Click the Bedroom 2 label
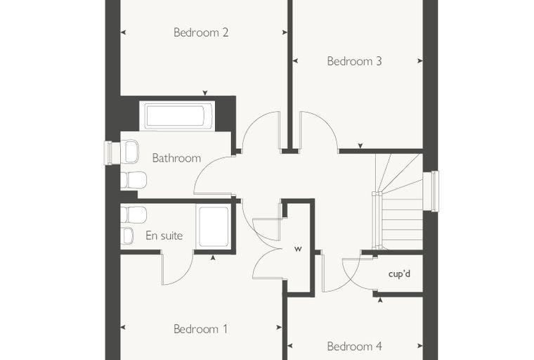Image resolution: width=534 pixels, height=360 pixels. [x=200, y=32]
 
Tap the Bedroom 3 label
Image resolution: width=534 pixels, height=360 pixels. [x=354, y=61]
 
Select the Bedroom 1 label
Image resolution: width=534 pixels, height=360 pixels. [x=200, y=329]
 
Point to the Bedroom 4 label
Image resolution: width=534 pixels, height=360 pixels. [x=354, y=347]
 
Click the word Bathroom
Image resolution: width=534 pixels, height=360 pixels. [x=176, y=158]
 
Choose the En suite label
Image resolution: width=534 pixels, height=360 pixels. [x=164, y=236]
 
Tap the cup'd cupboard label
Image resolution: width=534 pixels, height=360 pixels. [x=399, y=274]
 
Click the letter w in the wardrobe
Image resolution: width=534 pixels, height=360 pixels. [x=298, y=249]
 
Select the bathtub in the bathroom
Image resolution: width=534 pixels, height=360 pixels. [x=177, y=116]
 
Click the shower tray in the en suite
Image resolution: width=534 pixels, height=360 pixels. [x=214, y=226]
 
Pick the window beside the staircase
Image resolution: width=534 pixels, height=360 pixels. [x=431, y=191]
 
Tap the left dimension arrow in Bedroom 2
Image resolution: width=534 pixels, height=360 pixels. [x=123, y=32]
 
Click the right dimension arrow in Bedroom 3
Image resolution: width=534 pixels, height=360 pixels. [x=420, y=61]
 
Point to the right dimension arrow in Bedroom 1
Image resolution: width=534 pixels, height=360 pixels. [x=279, y=328]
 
